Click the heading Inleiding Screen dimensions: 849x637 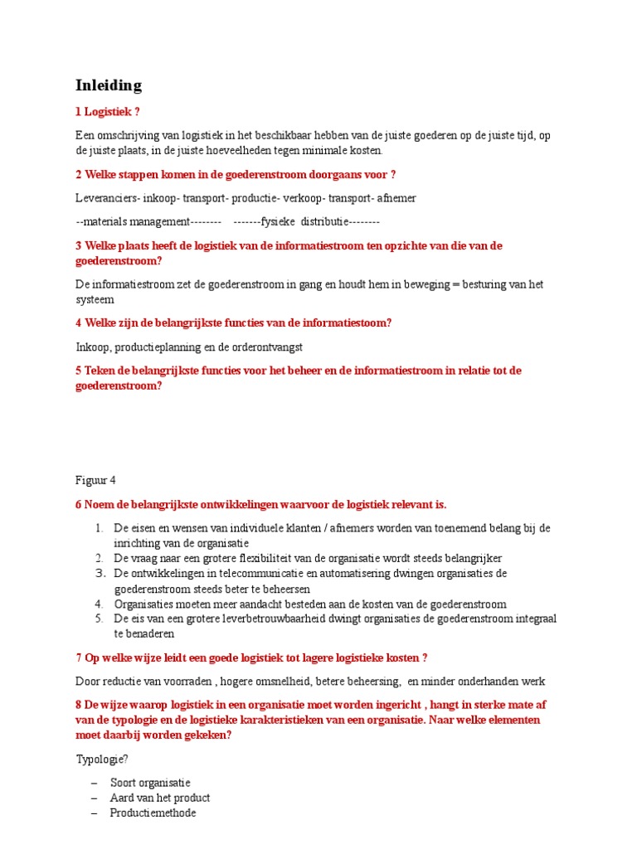(109, 85)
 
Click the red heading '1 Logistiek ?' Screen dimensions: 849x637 (114, 112)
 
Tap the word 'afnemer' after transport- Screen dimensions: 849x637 (397, 198)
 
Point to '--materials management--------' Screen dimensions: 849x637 (148, 221)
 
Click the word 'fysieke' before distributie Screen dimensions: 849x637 (280, 221)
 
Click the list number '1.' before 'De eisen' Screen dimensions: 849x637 (98, 528)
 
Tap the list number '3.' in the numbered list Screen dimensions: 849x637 (98, 573)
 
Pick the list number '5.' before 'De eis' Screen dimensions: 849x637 (98, 619)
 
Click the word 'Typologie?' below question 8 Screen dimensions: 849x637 (102, 759)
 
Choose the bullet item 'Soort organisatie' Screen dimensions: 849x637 (150, 783)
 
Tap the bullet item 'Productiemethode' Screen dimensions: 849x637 (153, 813)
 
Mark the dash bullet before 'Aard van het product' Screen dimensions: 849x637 (94, 798)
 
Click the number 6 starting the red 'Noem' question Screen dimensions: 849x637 (79, 504)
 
